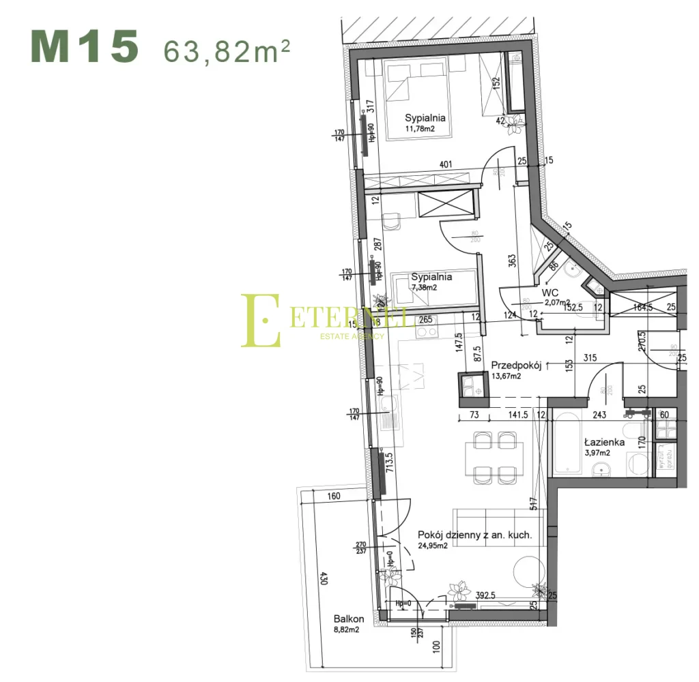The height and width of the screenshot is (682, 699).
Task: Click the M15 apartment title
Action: pyautogui.click(x=85, y=47)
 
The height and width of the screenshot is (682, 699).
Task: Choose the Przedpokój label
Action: pyautogui.click(x=516, y=366)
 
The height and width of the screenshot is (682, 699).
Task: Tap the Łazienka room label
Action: pyautogui.click(x=604, y=442)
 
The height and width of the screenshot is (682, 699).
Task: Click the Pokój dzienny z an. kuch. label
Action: pyautogui.click(x=474, y=535)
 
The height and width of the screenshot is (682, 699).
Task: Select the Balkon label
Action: pyautogui.click(x=349, y=619)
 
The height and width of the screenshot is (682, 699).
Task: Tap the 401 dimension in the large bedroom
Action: pyautogui.click(x=446, y=164)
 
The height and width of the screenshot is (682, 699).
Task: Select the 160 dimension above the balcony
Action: pyautogui.click(x=333, y=496)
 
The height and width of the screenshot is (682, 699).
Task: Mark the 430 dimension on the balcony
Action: pyautogui.click(x=324, y=577)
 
